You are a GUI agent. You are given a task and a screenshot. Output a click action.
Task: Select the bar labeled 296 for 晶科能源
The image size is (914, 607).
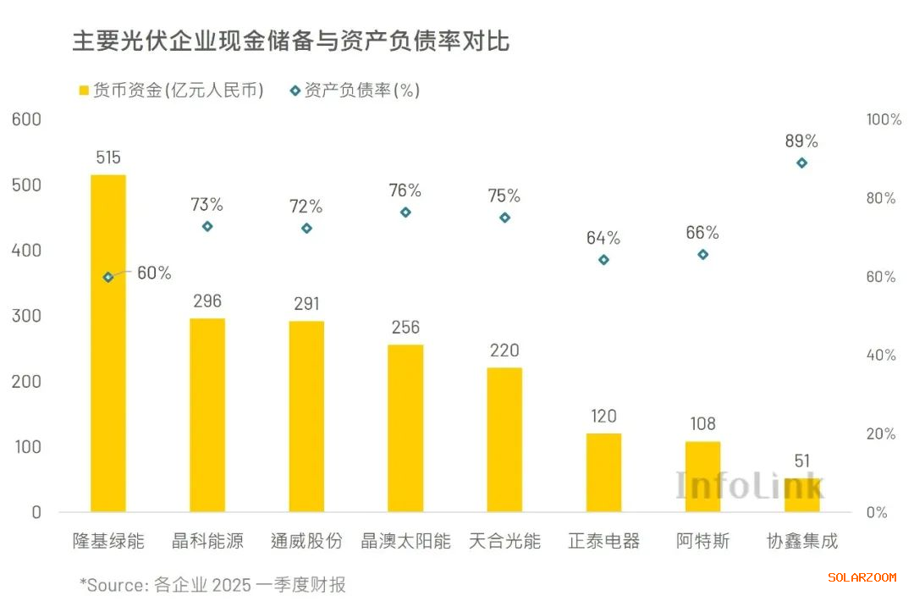click(207, 415)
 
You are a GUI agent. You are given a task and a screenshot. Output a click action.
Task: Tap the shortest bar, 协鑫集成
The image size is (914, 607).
click(801, 495)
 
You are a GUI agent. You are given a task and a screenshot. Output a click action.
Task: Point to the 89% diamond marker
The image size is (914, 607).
click(801, 163)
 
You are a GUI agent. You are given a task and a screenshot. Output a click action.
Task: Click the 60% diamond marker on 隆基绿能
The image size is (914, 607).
click(107, 277)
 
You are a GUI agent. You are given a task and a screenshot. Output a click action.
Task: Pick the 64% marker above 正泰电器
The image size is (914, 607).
click(603, 260)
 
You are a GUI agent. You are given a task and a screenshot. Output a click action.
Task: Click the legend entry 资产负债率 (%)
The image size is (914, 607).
click(355, 90)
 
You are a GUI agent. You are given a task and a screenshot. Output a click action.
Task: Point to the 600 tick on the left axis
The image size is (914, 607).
click(26, 119)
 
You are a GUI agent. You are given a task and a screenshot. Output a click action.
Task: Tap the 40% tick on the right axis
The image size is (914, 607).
click(881, 355)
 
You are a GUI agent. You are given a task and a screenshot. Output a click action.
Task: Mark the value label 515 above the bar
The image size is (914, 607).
click(107, 157)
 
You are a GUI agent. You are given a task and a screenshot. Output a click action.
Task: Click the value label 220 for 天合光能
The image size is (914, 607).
click(504, 350)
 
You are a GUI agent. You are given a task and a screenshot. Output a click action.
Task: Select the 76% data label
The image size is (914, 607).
click(405, 190)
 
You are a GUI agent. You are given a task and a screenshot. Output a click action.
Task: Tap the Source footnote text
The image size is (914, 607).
click(212, 585)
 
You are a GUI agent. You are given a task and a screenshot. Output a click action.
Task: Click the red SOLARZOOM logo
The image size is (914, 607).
click(862, 577)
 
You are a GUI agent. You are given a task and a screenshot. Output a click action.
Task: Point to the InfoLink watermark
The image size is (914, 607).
click(749, 485)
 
